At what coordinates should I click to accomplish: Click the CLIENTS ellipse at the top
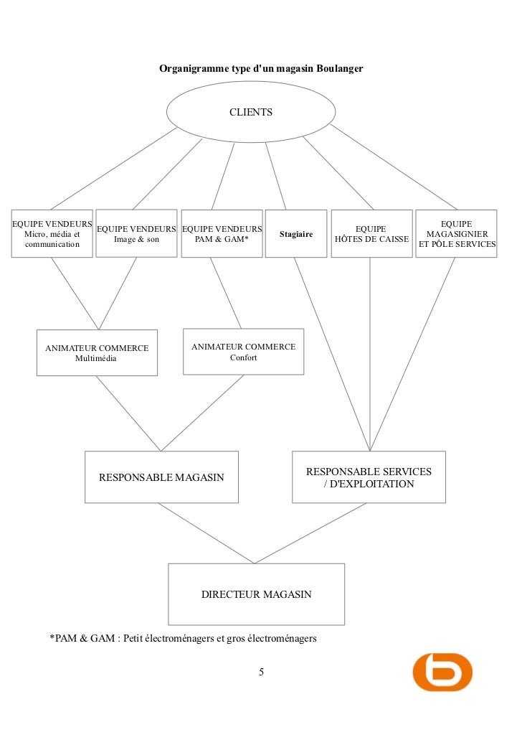(250, 112)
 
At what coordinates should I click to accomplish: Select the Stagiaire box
(296, 234)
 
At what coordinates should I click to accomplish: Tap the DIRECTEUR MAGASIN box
(256, 594)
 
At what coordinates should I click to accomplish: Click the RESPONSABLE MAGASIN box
(161, 477)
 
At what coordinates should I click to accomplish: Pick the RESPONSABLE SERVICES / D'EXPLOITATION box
(369, 477)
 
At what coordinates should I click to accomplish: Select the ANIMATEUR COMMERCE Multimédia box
(97, 352)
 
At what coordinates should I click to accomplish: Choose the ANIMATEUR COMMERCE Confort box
(243, 352)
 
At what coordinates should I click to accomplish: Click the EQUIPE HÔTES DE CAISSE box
(371, 234)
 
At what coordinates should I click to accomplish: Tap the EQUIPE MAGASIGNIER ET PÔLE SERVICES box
(457, 234)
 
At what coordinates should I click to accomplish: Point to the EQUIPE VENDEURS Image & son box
(136, 233)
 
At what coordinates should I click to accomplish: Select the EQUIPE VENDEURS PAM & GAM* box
(222, 234)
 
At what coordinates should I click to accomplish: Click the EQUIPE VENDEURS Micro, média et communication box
(52, 233)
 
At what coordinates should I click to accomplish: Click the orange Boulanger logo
(442, 671)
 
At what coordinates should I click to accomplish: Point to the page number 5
(261, 672)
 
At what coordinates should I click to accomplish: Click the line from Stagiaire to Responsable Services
(331, 353)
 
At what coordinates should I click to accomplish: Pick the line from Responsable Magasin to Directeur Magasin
(206, 533)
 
